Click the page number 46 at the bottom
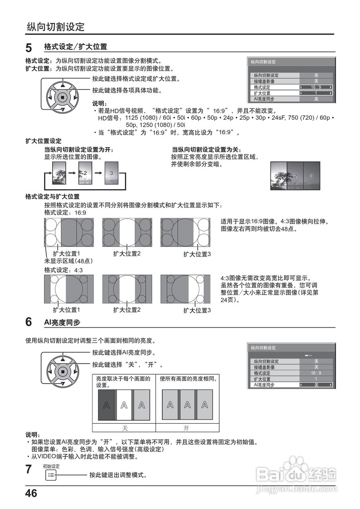pos(31,494)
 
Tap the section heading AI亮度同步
pos(62,322)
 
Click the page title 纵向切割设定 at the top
pos(56,27)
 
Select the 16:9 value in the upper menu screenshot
pos(316,87)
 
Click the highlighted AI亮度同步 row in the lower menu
pos(291,385)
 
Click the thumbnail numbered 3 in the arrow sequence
pos(111,173)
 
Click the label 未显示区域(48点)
pos(68,261)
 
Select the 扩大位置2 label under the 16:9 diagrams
pos(127,253)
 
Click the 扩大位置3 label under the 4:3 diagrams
pos(197,310)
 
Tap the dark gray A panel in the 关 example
pos(106,405)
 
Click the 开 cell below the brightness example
pos(187,428)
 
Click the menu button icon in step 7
pos(51,475)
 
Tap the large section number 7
pos(29,470)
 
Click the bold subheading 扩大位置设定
pos(43,141)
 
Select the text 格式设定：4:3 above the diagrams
pos(63,270)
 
